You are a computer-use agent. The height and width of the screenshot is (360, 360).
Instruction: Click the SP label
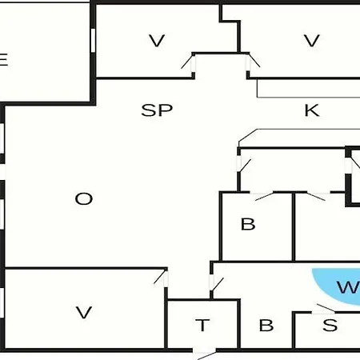click(157, 110)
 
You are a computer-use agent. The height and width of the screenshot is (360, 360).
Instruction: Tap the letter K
click(312, 110)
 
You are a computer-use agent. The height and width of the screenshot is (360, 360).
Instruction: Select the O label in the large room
click(84, 198)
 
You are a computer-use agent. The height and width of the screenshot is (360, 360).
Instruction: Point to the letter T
click(202, 325)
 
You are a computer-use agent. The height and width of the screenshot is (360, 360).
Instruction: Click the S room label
click(330, 325)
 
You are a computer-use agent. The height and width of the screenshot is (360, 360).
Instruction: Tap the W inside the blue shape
click(348, 287)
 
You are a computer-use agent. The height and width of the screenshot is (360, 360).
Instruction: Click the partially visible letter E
click(4, 59)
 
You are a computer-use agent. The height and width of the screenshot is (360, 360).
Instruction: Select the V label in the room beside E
click(157, 41)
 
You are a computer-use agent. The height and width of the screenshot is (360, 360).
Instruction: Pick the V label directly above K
click(312, 41)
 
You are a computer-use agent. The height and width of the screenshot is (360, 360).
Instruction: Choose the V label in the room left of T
click(84, 312)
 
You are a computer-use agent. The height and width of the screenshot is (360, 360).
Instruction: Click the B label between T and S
click(266, 325)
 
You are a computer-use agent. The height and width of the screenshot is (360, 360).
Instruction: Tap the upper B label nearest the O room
click(248, 224)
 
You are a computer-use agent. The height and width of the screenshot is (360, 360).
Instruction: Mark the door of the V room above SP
click(188, 62)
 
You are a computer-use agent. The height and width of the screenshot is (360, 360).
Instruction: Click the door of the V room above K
click(253, 62)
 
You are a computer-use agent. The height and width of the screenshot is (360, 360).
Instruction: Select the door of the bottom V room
click(162, 278)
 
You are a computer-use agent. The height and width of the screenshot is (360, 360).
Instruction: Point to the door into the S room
click(325, 309)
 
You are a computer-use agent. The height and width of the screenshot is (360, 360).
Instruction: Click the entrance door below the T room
click(205, 354)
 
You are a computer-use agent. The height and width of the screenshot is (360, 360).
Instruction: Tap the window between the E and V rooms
click(93, 40)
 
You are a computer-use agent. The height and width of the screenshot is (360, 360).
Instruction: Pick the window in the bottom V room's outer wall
click(2, 302)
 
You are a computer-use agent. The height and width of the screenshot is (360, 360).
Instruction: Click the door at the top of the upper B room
click(262, 196)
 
